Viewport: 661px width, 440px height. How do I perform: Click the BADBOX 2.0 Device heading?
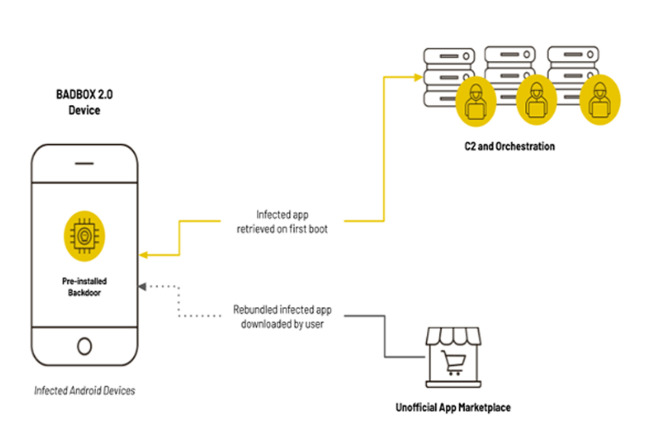[85, 102]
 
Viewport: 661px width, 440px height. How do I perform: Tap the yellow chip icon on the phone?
[85, 236]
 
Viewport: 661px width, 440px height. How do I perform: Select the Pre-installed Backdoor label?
[85, 287]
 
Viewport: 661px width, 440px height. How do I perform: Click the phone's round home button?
[85, 346]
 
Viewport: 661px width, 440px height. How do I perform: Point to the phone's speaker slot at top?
[85, 164]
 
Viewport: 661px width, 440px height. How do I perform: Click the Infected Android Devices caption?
[85, 391]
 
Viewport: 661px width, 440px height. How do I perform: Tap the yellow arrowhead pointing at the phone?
[143, 255]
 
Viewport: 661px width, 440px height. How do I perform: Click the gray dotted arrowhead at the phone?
[143, 286]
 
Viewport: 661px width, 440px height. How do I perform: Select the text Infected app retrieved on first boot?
[284, 222]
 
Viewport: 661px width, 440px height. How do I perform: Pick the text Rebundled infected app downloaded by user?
[282, 317]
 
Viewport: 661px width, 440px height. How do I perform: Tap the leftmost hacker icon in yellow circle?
[475, 99]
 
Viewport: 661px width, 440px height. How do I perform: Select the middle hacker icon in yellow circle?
[536, 99]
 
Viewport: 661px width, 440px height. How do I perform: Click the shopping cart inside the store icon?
[453, 362]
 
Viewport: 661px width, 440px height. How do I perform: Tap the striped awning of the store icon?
[453, 336]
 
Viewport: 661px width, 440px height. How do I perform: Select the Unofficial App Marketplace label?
[453, 408]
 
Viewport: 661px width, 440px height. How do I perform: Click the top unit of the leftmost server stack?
[448, 56]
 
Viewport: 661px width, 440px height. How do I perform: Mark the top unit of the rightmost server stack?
[573, 56]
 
